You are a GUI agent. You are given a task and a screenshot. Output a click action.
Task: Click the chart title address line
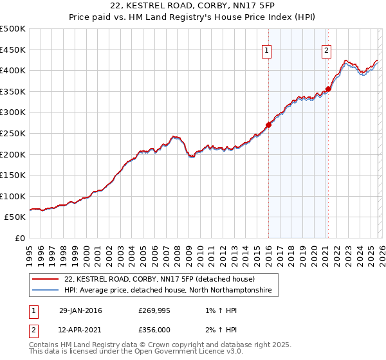(193, 6)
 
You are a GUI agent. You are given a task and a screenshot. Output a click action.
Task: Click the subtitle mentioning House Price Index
(193, 18)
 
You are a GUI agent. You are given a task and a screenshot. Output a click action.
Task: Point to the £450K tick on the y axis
(13, 50)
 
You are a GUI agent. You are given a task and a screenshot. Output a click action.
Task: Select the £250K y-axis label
(13, 133)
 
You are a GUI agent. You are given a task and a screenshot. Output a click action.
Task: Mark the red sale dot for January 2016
(268, 125)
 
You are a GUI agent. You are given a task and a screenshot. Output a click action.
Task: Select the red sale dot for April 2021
(328, 89)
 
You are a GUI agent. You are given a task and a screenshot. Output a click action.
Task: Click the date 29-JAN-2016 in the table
(80, 311)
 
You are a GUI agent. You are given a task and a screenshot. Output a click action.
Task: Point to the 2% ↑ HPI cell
(216, 329)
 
